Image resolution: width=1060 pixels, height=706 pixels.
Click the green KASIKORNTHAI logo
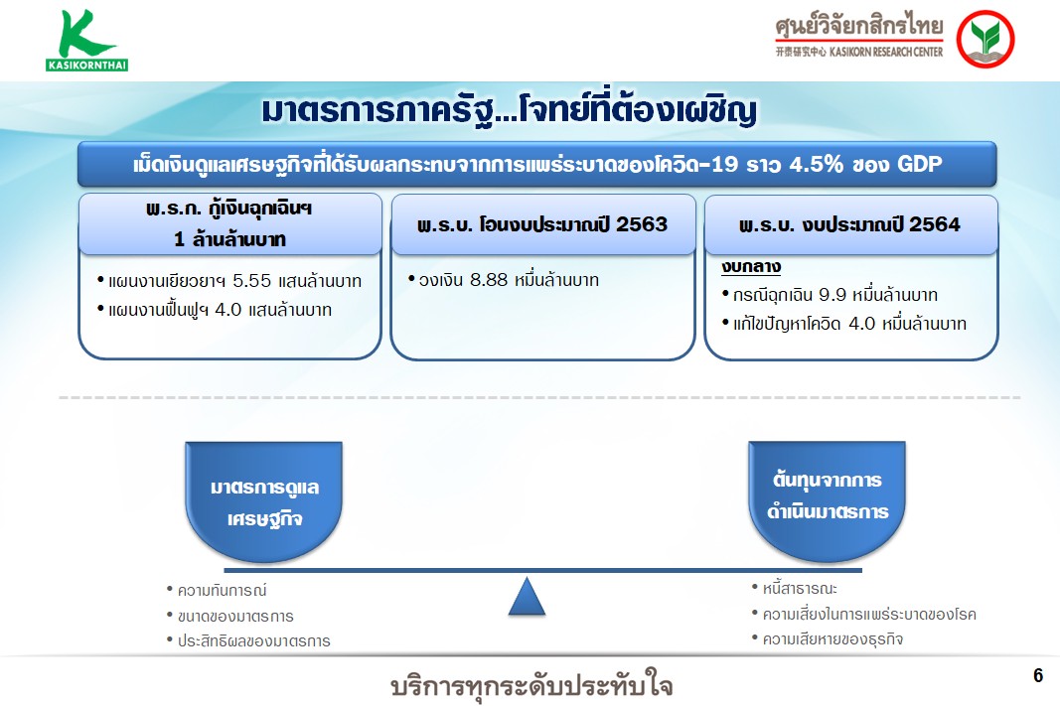tap(86, 41)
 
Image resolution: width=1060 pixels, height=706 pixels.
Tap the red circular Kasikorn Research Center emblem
tap(984, 39)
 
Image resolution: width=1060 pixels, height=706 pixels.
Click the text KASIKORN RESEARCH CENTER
tap(885, 52)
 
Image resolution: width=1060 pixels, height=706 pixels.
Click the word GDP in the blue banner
tap(919, 164)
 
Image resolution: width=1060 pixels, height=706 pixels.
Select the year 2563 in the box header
tap(642, 224)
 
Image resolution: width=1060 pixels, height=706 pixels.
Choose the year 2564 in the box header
tap(934, 224)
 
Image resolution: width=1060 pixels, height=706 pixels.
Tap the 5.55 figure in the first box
tap(251, 281)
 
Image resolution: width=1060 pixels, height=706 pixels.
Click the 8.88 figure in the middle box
tap(488, 280)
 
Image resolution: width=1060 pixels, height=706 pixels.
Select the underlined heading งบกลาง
tap(751, 267)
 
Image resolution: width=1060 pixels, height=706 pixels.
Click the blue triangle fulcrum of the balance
tap(527, 596)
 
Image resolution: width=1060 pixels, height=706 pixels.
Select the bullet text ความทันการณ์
tap(222, 591)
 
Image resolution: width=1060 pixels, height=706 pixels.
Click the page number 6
tap(1038, 675)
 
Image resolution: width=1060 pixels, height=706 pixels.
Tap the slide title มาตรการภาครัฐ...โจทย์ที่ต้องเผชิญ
tap(509, 110)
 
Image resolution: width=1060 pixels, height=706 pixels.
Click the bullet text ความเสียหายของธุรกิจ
tap(833, 639)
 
